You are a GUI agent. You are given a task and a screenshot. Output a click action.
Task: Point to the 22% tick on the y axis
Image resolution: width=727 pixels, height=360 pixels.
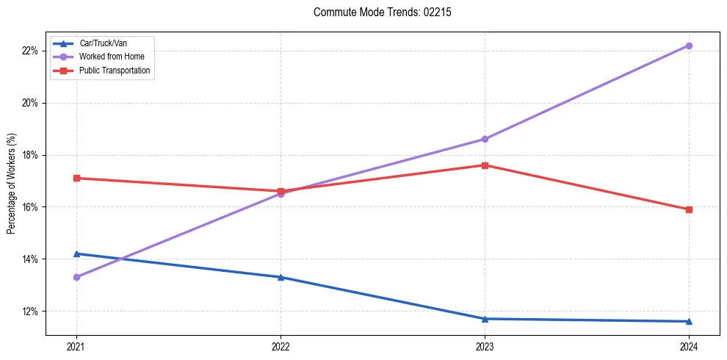[x=29, y=51]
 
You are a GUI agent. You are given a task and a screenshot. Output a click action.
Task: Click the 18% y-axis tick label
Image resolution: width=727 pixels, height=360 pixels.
[x=29, y=155]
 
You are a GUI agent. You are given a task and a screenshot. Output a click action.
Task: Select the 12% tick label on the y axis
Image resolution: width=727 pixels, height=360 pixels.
[x=29, y=312]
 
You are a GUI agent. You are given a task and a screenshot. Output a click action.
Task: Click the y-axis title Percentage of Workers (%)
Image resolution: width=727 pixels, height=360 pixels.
[x=12, y=184]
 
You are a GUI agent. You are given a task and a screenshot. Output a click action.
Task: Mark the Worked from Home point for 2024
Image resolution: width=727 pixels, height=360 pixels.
[x=689, y=46]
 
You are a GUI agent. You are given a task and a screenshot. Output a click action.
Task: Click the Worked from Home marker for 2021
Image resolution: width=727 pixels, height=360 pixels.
[x=76, y=277]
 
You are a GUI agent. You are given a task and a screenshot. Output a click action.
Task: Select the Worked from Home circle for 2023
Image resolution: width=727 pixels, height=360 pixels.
[x=485, y=139]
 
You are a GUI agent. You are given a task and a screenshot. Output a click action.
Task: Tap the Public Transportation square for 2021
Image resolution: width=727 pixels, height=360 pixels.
[x=76, y=178]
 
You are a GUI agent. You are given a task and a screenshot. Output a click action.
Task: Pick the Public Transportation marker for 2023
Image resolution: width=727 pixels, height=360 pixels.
[x=485, y=165]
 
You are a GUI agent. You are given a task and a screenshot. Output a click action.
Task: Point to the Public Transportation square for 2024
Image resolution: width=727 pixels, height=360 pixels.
[x=689, y=209]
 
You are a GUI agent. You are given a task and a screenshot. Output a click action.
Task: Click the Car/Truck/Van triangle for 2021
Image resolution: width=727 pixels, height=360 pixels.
[x=76, y=253]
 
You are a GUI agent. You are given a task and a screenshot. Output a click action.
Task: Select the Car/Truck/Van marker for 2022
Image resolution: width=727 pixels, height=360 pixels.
[x=281, y=277]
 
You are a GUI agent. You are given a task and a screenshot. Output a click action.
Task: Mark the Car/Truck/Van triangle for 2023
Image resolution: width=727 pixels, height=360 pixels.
[x=485, y=319]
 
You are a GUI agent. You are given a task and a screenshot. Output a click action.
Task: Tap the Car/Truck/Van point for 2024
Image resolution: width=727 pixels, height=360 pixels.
[x=689, y=321]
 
